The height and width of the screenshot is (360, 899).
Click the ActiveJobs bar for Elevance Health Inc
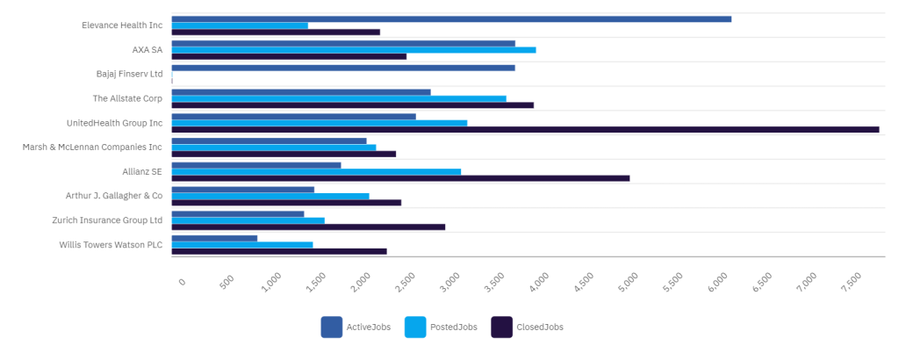[451, 18]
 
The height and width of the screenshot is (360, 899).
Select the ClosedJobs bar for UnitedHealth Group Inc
[525, 129]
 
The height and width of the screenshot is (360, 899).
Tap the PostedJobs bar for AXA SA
[354, 50]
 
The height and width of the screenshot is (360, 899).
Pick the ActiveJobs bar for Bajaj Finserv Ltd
[343, 68]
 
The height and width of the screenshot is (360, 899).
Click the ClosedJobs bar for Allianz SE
[400, 178]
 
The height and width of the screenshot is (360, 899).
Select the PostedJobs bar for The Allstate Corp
[339, 98]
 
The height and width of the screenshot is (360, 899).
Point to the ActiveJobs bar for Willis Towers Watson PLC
[214, 238]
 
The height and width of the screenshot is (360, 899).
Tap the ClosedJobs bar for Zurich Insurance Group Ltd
[308, 227]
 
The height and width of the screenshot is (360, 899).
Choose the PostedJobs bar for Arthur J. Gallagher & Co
[270, 196]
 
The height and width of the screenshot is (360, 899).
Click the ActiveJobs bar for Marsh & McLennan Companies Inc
[269, 140]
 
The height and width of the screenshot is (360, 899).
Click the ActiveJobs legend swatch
[331, 327]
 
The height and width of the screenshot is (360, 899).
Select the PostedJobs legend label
[453, 328]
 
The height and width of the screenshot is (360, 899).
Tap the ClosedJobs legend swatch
[501, 327]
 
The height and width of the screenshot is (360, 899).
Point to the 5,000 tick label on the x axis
[629, 282]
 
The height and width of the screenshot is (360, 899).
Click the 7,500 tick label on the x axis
[852, 282]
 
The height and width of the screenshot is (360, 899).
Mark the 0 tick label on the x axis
[182, 281]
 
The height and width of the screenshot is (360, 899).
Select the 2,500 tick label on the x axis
[405, 282]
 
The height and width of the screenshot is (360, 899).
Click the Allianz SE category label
[142, 171]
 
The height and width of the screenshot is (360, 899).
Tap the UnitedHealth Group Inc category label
[114, 123]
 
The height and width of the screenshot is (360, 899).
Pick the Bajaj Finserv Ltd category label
[129, 74]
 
